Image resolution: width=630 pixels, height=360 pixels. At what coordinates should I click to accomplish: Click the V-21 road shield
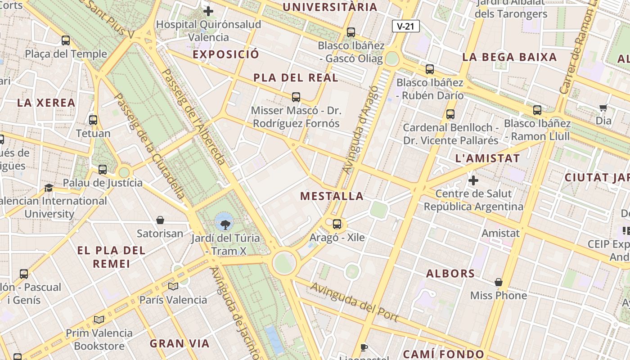pyautogui.click(x=405, y=26)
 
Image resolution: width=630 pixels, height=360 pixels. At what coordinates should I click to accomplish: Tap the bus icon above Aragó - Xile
pyautogui.click(x=337, y=224)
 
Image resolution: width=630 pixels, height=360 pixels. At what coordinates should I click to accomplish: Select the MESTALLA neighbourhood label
pyautogui.click(x=332, y=196)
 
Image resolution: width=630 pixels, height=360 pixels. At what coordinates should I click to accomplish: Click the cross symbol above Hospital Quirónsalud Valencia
pyautogui.click(x=208, y=11)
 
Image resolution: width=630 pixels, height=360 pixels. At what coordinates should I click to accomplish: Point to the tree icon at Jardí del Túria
pyautogui.click(x=224, y=221)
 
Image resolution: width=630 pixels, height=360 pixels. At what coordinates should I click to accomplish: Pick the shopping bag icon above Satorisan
pyautogui.click(x=160, y=220)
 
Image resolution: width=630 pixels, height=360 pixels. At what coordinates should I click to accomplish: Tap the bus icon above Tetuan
pyautogui.click(x=93, y=120)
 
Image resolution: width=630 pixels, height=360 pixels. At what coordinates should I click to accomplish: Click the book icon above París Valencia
pyautogui.click(x=173, y=286)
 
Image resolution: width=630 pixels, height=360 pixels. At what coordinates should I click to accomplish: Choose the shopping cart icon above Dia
pyautogui.click(x=603, y=108)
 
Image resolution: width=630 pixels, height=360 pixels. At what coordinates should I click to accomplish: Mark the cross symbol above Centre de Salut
pyautogui.click(x=473, y=180)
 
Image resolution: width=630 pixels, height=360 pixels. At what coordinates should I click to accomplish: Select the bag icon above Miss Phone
pyautogui.click(x=499, y=282)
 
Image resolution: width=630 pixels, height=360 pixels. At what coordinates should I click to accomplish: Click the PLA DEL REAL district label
pyautogui.click(x=296, y=78)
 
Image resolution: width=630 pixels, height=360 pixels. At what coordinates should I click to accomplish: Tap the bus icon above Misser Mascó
pyautogui.click(x=296, y=97)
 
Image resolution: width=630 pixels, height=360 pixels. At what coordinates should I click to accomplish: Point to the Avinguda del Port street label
pyautogui.click(x=355, y=302)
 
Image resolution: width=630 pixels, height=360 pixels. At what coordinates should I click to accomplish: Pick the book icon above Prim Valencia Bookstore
pyautogui.click(x=99, y=319)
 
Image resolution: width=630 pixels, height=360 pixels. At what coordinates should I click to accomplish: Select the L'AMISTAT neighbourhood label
pyautogui.click(x=487, y=158)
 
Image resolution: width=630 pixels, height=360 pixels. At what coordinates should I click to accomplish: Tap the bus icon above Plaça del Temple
pyautogui.click(x=66, y=40)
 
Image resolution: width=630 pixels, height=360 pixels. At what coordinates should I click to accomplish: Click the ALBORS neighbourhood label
pyautogui.click(x=450, y=274)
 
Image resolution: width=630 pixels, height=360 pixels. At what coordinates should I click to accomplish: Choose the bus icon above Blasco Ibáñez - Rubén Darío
pyautogui.click(x=430, y=69)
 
